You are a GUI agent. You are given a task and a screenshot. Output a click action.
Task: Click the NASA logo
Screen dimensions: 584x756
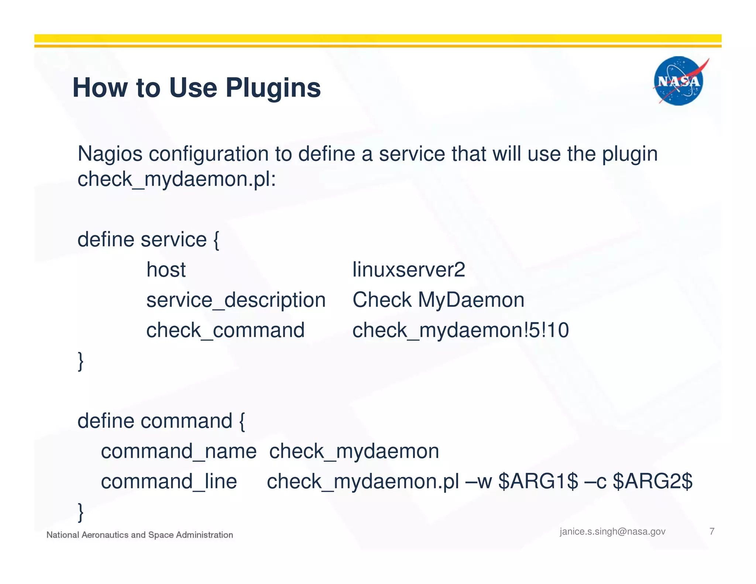click(x=678, y=81)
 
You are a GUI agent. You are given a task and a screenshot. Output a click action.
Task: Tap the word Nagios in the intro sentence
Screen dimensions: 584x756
click(x=110, y=154)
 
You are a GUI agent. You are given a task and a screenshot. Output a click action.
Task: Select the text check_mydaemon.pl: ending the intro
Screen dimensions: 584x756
click(x=176, y=179)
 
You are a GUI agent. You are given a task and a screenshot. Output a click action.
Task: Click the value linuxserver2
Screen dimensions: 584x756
click(x=409, y=269)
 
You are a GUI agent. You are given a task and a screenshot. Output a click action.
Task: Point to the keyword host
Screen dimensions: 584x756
click(x=166, y=269)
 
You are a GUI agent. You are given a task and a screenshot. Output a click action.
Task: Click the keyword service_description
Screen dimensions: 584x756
click(x=236, y=300)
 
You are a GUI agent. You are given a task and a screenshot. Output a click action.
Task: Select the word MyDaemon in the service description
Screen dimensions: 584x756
click(x=471, y=300)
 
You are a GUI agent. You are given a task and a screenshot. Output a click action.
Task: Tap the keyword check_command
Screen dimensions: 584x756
click(x=225, y=330)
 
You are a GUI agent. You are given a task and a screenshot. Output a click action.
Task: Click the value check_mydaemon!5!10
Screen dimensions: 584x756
click(x=460, y=330)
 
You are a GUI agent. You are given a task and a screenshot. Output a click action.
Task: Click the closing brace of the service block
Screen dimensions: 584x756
click(x=80, y=361)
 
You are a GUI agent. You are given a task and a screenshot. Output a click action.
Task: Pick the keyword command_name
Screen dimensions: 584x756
click(x=178, y=451)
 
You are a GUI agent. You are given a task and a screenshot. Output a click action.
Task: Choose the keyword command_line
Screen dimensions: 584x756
click(x=169, y=481)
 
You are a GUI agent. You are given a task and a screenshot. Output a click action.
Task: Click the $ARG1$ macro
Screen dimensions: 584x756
click(x=538, y=481)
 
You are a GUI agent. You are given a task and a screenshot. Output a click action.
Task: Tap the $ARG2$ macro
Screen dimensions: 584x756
click(x=652, y=481)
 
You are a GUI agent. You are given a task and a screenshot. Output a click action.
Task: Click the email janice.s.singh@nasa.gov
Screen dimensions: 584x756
click(x=612, y=532)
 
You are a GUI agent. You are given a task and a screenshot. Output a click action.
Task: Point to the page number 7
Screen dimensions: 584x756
click(x=712, y=531)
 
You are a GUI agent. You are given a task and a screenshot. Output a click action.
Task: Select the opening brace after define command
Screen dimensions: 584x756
click(x=242, y=422)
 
